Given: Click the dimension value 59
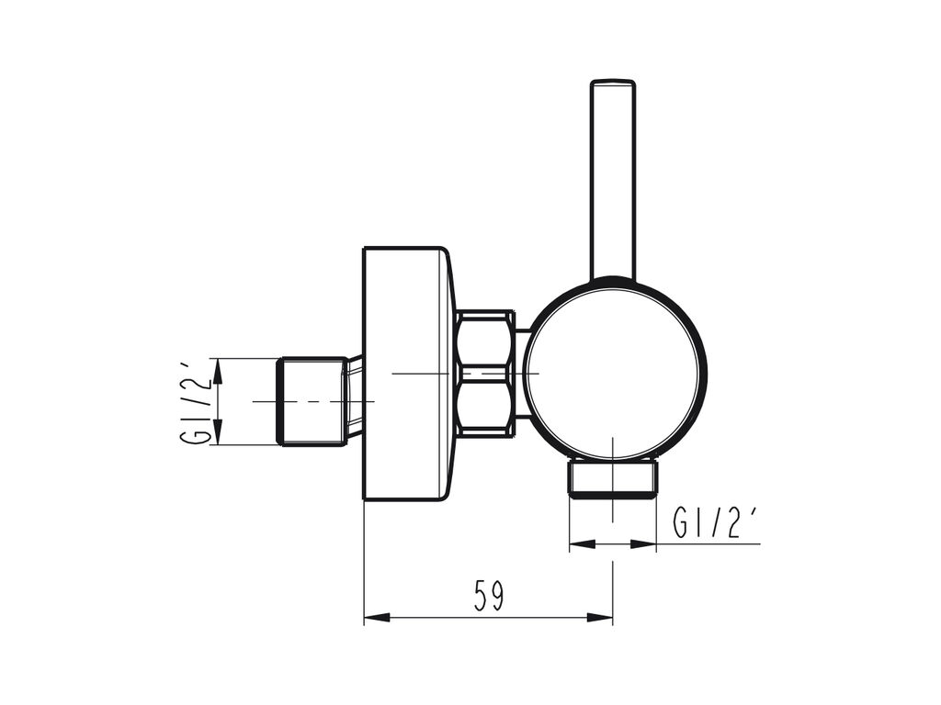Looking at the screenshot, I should (489, 597).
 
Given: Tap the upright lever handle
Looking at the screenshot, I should (612, 184).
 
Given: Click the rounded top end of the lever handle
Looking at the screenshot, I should (612, 85).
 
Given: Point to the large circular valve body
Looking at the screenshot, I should (614, 371).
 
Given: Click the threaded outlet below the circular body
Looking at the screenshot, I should (613, 477).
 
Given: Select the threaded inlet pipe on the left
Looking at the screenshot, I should (312, 402).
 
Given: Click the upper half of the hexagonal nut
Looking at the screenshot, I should (484, 341).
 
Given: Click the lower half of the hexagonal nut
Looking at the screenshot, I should (484, 405).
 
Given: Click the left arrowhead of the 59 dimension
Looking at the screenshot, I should (371, 618).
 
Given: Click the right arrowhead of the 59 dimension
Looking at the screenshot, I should (606, 618).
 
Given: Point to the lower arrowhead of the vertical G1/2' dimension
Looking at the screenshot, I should (218, 436).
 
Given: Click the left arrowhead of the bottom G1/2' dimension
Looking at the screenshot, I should (576, 545).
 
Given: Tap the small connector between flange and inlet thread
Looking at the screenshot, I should (355, 395).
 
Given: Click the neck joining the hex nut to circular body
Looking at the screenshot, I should (521, 373).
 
